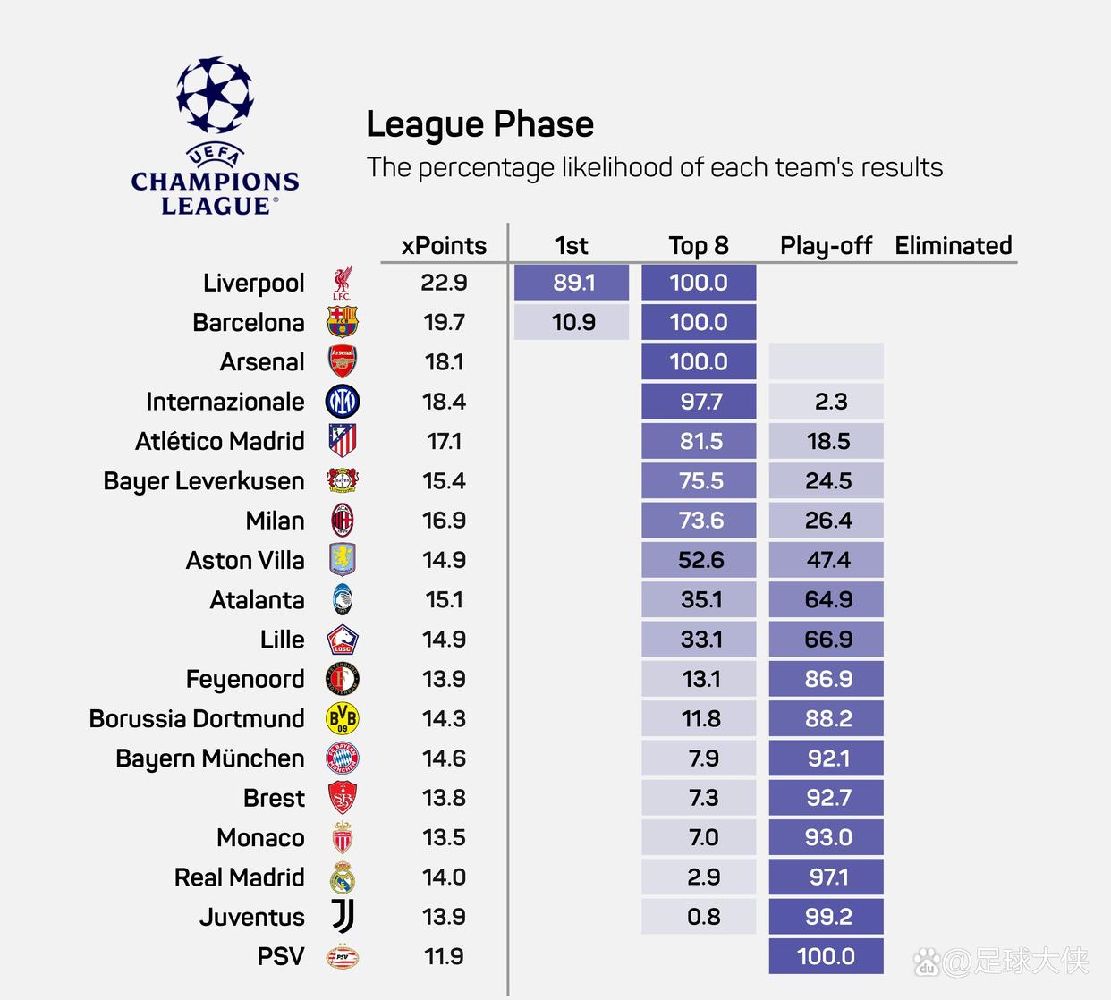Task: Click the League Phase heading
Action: tap(479, 125)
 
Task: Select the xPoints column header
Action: tap(444, 246)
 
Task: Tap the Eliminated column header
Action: tap(953, 246)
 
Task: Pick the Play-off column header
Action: tap(826, 246)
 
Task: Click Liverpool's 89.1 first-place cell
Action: tap(572, 283)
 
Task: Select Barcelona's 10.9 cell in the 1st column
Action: tap(572, 322)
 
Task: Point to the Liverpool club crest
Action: tap(342, 283)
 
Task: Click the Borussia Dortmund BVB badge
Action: tap(342, 718)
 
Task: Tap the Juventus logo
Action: tap(342, 917)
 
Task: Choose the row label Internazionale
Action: tap(225, 402)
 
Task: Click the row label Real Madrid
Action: tap(239, 877)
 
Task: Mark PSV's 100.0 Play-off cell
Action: tap(826, 956)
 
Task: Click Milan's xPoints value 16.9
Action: tap(444, 521)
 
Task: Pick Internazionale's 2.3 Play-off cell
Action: tap(826, 402)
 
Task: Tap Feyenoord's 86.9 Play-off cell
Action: tap(826, 679)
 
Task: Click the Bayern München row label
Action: tap(209, 758)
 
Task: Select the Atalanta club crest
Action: tap(342, 600)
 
